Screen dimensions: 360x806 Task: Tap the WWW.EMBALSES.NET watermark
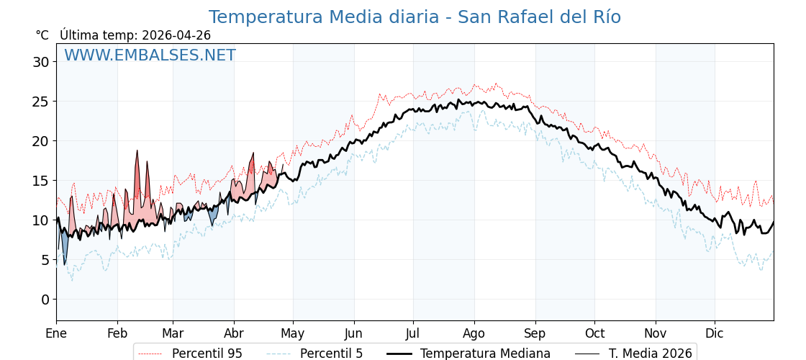150,55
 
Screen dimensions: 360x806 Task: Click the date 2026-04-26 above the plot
176,35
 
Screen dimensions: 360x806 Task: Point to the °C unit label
42,35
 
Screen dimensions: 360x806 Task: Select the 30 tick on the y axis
40,62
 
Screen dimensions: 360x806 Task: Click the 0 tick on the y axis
45,300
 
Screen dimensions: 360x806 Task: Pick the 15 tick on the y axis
40,181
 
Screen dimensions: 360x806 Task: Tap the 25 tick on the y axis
40,102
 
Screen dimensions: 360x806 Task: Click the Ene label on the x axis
56,333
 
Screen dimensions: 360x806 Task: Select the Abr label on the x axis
234,333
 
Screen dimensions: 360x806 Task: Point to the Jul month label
413,333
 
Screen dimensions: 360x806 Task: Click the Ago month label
474,333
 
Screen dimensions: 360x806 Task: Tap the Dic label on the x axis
715,333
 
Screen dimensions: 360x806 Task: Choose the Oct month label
594,333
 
